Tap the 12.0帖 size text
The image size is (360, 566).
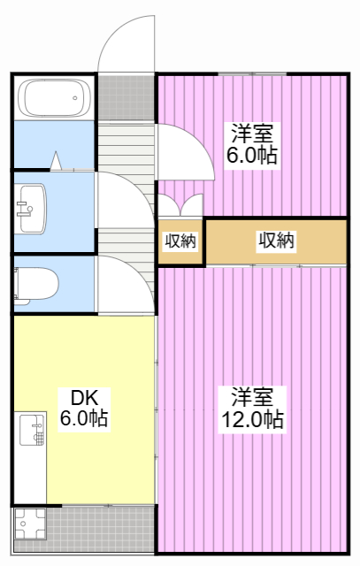252,419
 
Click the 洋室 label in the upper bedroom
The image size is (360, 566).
252,134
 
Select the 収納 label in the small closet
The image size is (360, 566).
181,241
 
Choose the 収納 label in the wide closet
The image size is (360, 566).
276,240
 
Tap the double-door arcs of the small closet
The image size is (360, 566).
181,203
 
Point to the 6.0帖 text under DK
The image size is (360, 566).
83,418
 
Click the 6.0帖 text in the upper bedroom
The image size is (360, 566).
252,155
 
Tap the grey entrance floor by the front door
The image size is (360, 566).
126,97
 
